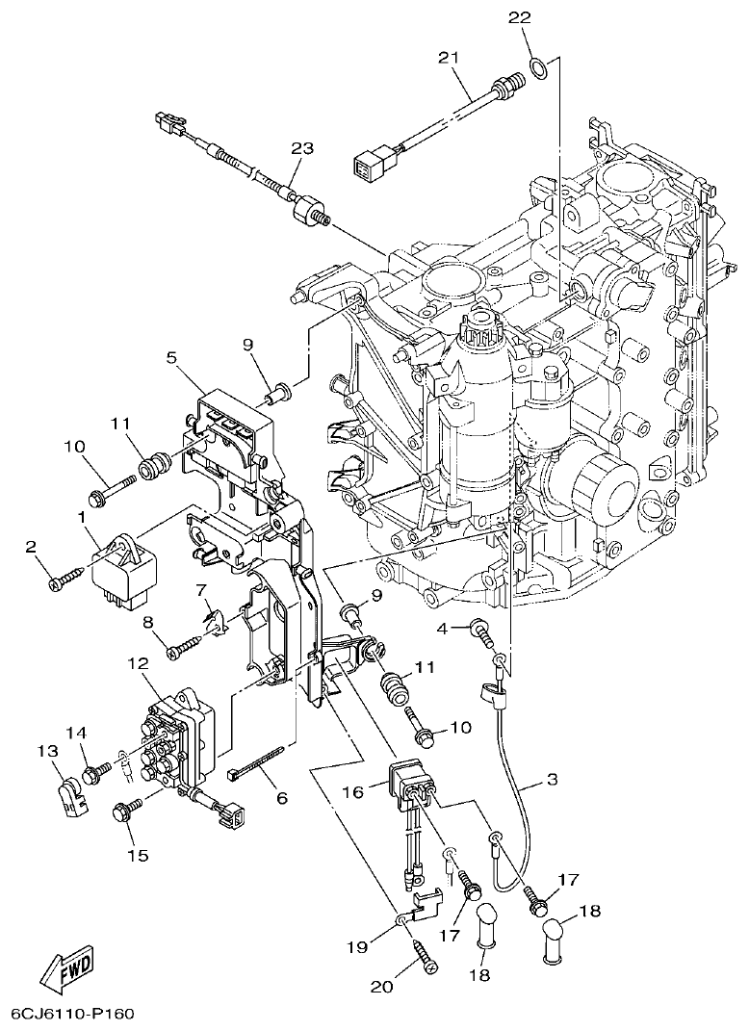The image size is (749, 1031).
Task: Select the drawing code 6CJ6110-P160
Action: [x=72, y=1014]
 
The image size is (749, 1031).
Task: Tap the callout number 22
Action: [x=519, y=18]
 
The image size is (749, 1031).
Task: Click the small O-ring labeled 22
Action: [x=540, y=68]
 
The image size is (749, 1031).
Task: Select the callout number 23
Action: [x=302, y=147]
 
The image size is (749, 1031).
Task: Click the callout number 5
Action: [x=171, y=357]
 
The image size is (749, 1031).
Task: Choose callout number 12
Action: [x=136, y=663]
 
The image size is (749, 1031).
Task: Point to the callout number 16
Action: [x=353, y=791]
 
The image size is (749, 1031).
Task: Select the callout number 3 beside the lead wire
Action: [x=551, y=780]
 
